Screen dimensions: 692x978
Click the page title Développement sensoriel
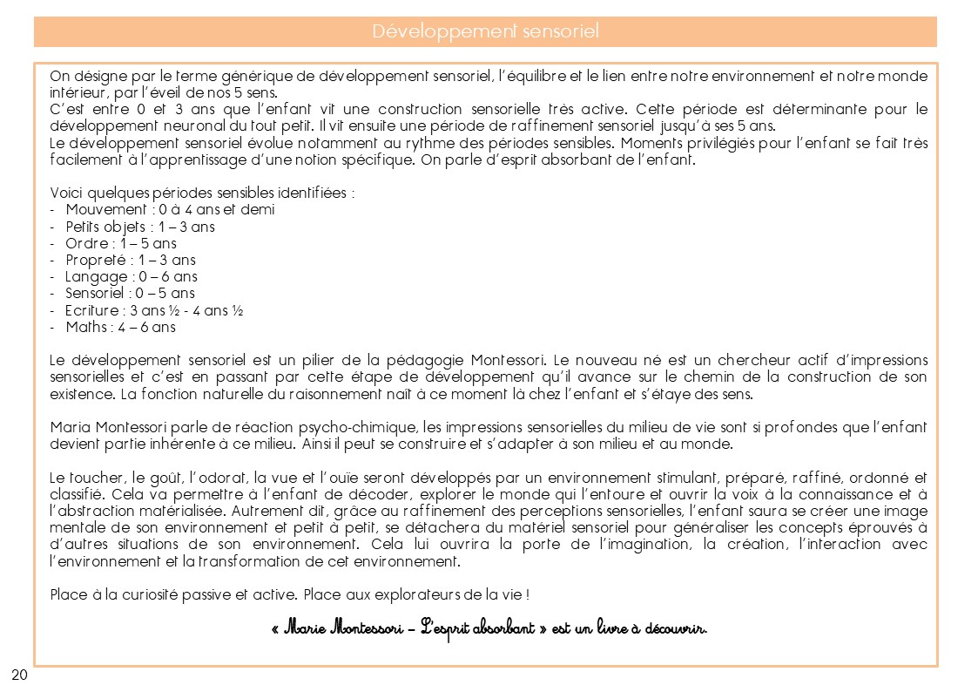pyautogui.click(x=485, y=32)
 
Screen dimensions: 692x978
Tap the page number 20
pyautogui.click(x=19, y=675)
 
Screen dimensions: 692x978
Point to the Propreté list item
pyautogui.click(x=130, y=260)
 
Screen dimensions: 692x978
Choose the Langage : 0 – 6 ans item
pyautogui.click(x=131, y=277)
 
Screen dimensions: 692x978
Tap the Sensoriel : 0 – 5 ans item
pyautogui.click(x=130, y=294)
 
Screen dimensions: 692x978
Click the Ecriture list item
pyautogui.click(x=153, y=310)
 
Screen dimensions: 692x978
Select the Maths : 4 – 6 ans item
pyautogui.click(x=120, y=328)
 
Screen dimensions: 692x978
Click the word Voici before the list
pyautogui.click(x=66, y=193)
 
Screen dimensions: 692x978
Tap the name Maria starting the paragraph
pyautogui.click(x=68, y=428)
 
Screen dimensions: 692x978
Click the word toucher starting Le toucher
pyautogui.click(x=93, y=478)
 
